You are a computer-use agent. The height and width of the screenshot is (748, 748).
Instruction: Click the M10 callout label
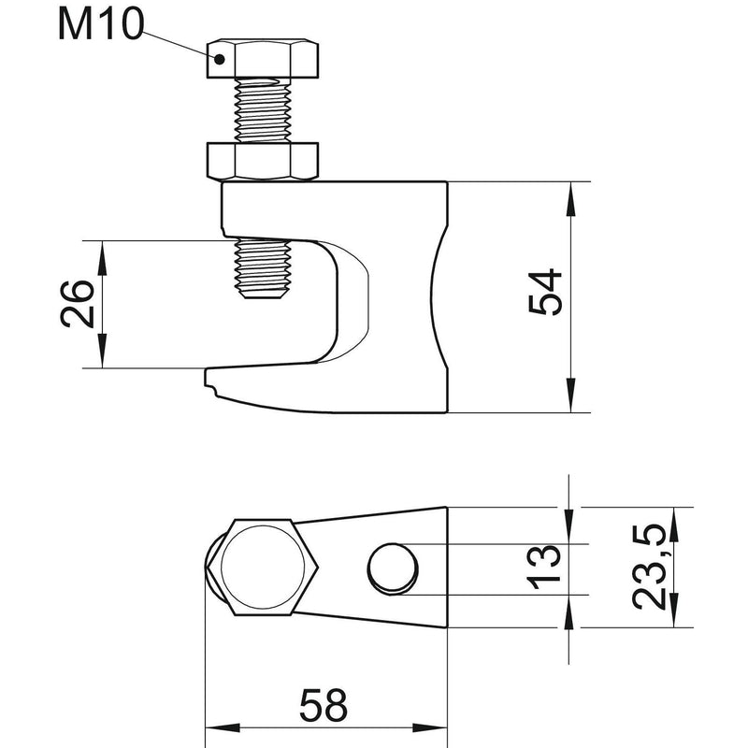coord(101,24)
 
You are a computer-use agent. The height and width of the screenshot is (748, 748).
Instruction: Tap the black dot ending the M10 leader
coord(219,59)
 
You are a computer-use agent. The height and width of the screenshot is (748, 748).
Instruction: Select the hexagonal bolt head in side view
coord(263,59)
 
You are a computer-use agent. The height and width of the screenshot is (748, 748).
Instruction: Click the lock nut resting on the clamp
coord(263,161)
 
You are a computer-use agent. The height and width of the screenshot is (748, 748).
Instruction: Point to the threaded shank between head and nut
coord(263,110)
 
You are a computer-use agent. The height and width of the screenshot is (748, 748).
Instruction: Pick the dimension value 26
coord(78,305)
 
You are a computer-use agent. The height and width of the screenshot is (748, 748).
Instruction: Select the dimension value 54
coord(546,292)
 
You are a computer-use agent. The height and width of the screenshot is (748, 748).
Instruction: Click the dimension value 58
coord(324,705)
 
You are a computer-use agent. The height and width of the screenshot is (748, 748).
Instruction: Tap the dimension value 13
coord(543,568)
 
